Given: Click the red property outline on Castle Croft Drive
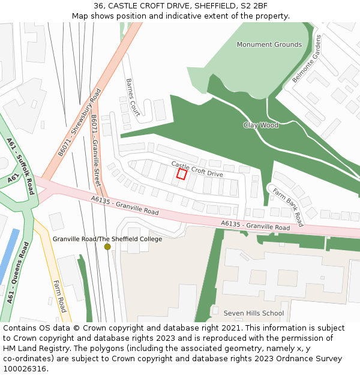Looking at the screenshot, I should click(182, 174).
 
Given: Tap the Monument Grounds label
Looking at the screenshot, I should click(269, 44).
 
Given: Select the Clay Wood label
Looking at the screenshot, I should click(261, 125).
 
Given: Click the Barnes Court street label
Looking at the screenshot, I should click(133, 96).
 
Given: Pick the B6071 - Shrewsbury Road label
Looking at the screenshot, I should click(80, 123).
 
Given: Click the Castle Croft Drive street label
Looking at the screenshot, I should click(197, 169).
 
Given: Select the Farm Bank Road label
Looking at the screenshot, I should click(288, 207).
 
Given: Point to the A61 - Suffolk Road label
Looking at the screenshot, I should click(22, 166).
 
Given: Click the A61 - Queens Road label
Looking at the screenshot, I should click(16, 272).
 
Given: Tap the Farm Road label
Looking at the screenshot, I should click(59, 296).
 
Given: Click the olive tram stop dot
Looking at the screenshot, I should click(107, 247).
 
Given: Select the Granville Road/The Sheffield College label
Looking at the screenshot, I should click(107, 239).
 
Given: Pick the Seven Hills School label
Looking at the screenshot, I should click(254, 313).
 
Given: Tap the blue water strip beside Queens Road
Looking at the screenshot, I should click(8, 256).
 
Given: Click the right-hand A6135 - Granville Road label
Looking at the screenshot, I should click(255, 225).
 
